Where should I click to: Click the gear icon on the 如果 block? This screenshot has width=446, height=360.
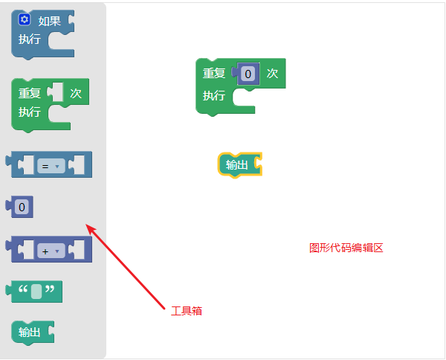(25, 20)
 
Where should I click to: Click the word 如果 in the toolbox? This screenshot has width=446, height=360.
(49, 21)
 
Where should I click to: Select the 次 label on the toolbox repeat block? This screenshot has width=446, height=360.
(75, 93)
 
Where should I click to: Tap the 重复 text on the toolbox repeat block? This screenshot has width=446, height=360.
(30, 94)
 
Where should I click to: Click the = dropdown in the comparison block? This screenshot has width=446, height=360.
(51, 167)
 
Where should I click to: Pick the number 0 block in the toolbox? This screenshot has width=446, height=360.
(22, 207)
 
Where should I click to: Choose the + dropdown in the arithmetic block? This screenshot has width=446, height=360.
(51, 251)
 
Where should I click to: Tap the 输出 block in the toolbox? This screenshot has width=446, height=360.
(30, 332)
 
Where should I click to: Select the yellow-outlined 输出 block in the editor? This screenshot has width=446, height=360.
(237, 165)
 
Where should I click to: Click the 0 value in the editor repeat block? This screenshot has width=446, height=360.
(248, 73)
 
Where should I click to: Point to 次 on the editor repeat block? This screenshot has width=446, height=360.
(272, 73)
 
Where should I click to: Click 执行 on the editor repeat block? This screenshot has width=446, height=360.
(214, 96)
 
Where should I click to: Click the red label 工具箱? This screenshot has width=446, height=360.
(186, 311)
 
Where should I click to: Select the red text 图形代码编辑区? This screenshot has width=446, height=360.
(346, 248)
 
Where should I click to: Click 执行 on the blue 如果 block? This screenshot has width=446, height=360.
(30, 39)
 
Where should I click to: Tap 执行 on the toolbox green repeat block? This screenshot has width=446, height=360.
(30, 112)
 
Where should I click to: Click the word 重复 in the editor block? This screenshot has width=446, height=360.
(214, 74)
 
